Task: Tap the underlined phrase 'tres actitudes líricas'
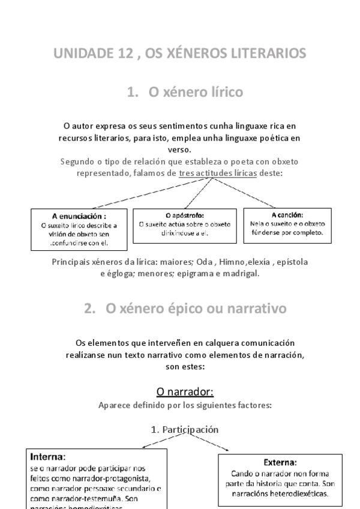click(x=218, y=172)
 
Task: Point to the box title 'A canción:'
click(x=287, y=214)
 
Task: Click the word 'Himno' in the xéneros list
click(x=230, y=263)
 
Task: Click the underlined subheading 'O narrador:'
click(x=185, y=392)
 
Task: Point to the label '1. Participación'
click(x=185, y=429)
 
